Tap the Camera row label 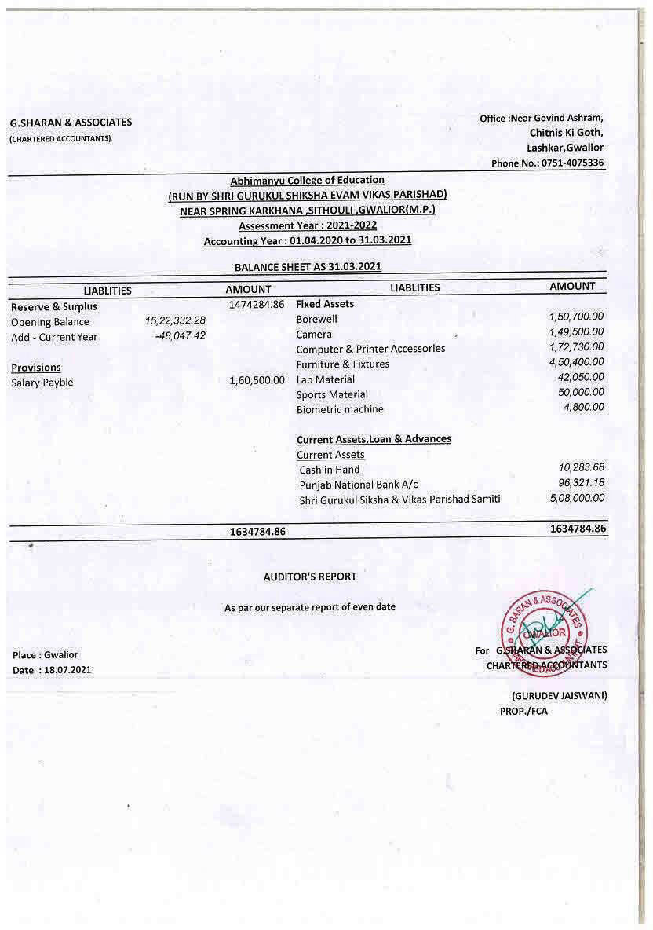coord(314,335)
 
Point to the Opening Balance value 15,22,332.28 coord(175,321)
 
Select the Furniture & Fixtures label coord(342,364)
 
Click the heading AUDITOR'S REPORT coord(309,577)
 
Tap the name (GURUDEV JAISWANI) coord(559,696)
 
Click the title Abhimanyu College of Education coord(307,181)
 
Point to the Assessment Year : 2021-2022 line coord(308,225)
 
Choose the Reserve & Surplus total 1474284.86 coord(256,304)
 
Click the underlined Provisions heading coord(36,368)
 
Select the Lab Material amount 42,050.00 coord(580,377)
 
